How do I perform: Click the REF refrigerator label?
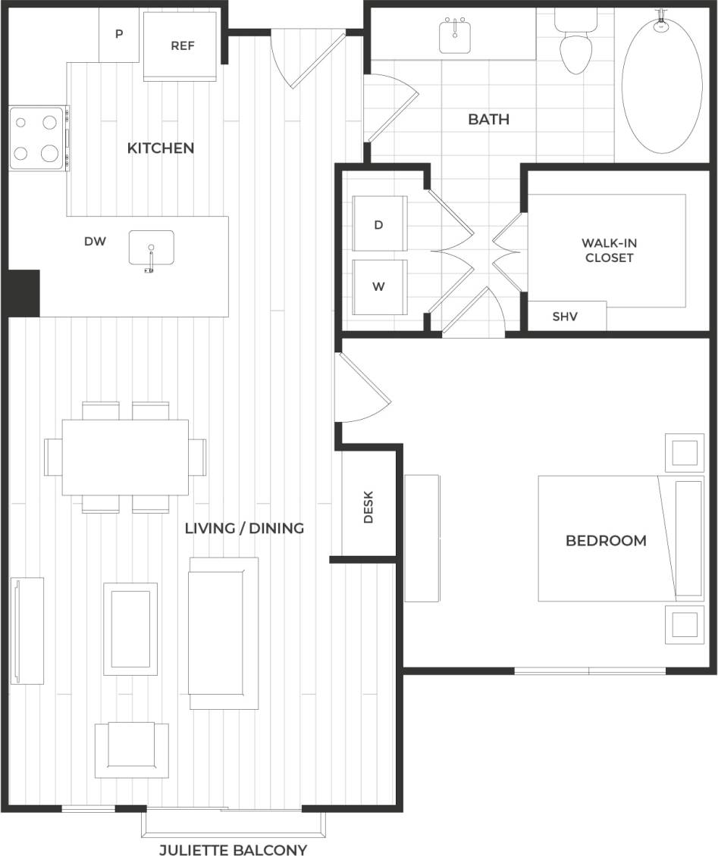click(182, 45)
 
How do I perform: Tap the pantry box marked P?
click(119, 35)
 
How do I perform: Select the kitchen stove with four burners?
click(37, 138)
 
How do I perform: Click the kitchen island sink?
click(151, 248)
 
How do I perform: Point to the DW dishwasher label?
click(95, 242)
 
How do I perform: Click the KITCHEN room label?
click(160, 148)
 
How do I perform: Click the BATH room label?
click(488, 119)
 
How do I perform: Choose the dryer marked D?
click(380, 224)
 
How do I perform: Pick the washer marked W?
click(380, 287)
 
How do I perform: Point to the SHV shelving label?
click(565, 317)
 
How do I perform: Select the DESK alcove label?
click(368, 507)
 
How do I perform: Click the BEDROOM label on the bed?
click(606, 540)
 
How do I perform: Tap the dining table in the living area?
click(125, 457)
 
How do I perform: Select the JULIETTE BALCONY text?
click(233, 850)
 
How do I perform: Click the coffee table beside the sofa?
click(130, 628)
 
